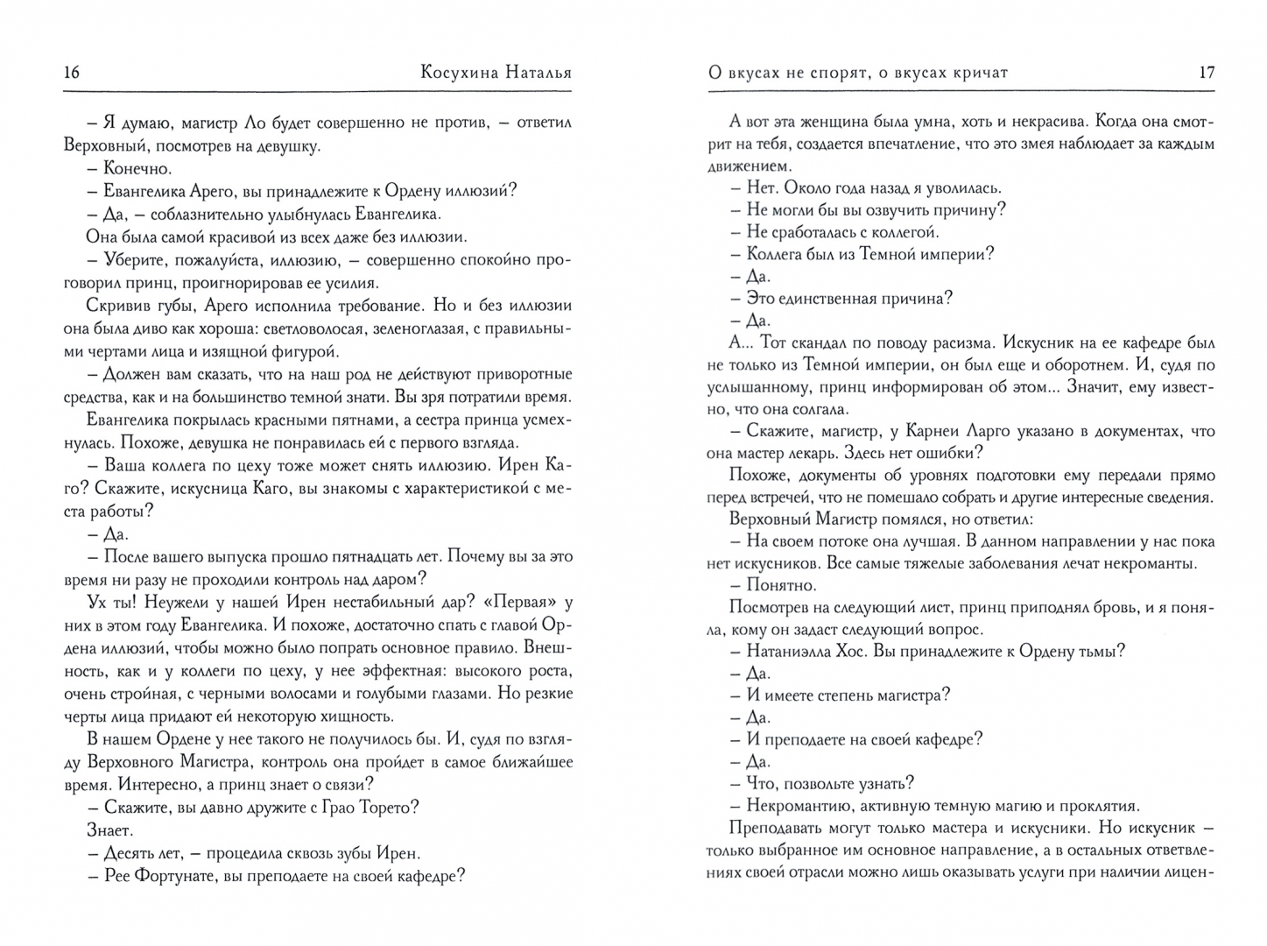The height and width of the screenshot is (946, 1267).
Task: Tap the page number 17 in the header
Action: pyautogui.click(x=1206, y=73)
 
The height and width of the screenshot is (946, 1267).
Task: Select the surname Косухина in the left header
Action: pyautogui.click(x=458, y=73)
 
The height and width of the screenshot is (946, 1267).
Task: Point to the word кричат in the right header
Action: pyautogui.click(x=978, y=73)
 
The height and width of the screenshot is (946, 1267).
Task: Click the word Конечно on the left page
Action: pyautogui.click(x=137, y=168)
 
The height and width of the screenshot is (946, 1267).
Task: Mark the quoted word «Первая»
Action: pyautogui.click(x=524, y=602)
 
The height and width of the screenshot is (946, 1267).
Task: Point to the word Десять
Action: pyautogui.click(x=128, y=852)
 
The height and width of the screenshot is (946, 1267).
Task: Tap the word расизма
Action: pyautogui.click(x=961, y=342)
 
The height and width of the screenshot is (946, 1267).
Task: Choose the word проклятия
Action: pyautogui.click(x=1095, y=806)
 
